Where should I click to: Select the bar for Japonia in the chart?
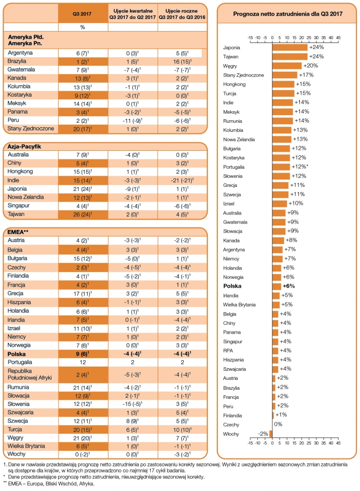tap(290, 47)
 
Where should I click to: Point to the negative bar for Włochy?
tap(270, 434)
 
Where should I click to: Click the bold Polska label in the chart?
tap(233, 286)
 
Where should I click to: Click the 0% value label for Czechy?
tap(278, 424)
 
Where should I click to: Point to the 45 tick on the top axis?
tap(338, 38)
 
